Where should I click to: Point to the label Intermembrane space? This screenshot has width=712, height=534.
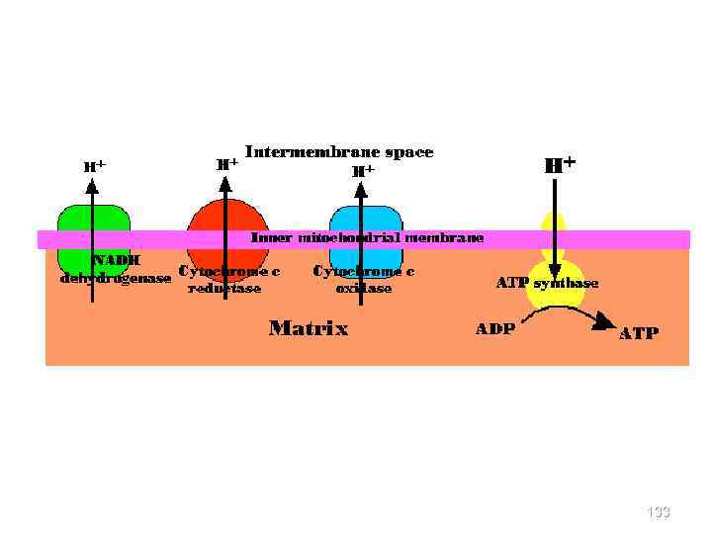339,152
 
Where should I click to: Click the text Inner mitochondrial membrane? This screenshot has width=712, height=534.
368,238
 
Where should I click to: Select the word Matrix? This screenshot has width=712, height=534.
309,328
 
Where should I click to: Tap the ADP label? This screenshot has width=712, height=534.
494,329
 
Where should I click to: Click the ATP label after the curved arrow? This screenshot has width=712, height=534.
638,333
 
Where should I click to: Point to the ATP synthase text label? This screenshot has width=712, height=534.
547,283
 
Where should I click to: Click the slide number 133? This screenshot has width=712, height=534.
658,511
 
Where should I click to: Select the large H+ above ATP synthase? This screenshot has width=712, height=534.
561,164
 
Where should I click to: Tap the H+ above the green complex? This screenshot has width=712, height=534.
95,166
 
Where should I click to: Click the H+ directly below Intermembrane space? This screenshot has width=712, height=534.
364,170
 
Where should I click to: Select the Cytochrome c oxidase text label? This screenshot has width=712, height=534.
363,279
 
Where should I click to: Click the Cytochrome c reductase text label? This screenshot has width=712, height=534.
228,279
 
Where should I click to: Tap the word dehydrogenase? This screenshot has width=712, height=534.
115,278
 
